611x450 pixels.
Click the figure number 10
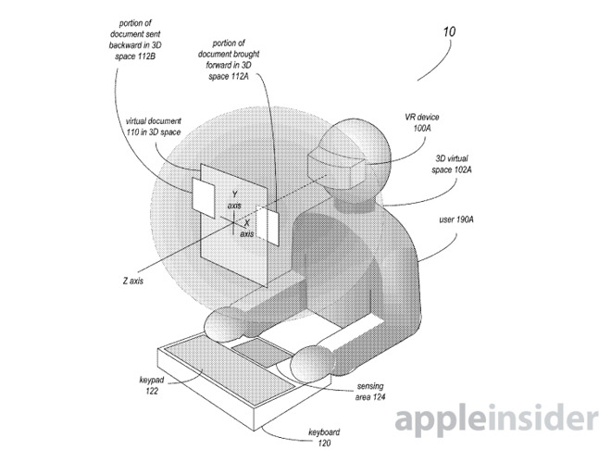click(449, 31)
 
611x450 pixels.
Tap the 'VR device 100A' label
click(421, 122)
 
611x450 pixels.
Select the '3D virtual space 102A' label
click(452, 164)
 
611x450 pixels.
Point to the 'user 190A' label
click(456, 219)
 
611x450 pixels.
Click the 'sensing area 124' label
click(369, 391)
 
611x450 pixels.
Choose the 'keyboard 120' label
click(324, 437)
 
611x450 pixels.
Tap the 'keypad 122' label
click(152, 385)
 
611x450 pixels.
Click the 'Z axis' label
click(133, 281)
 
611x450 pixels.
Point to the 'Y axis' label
click(234, 199)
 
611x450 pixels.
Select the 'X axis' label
click(246, 228)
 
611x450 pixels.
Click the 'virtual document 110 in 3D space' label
click(153, 127)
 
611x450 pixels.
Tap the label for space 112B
click(135, 40)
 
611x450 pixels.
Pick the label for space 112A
click(229, 59)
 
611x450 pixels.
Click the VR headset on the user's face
click(337, 169)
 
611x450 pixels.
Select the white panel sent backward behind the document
click(203, 197)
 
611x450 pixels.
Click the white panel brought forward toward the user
click(268, 226)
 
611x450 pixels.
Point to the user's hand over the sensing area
click(312, 362)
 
